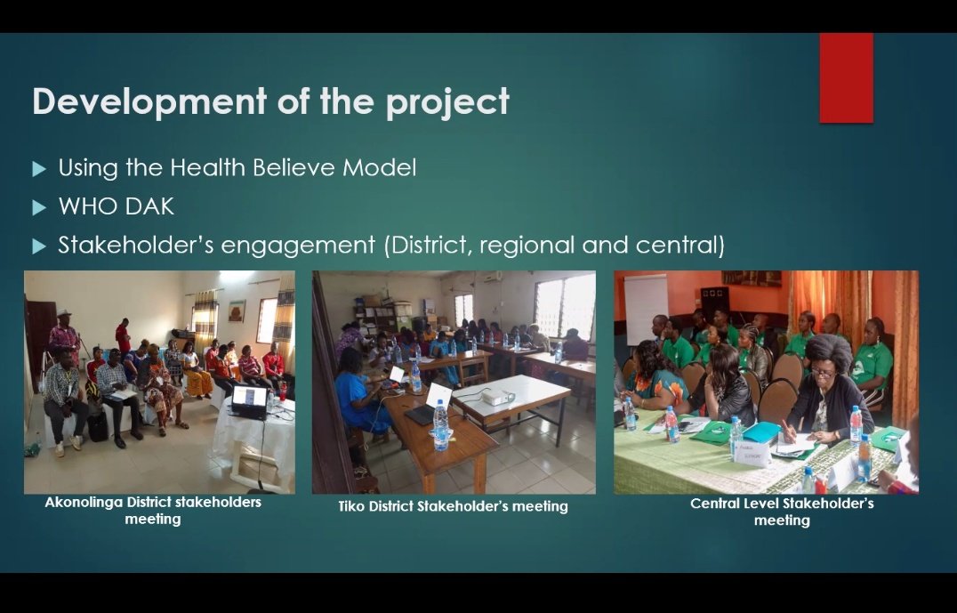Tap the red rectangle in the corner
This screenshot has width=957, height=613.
click(845, 77)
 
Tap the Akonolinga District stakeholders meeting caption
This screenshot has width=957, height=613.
click(153, 510)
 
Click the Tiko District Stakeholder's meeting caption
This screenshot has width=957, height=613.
click(453, 506)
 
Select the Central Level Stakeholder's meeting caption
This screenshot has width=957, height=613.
click(781, 511)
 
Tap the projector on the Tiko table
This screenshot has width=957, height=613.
click(497, 396)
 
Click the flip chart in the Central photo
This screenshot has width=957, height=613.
click(646, 307)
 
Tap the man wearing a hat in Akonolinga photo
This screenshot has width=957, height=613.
click(63, 330)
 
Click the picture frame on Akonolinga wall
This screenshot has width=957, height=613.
click(237, 311)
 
